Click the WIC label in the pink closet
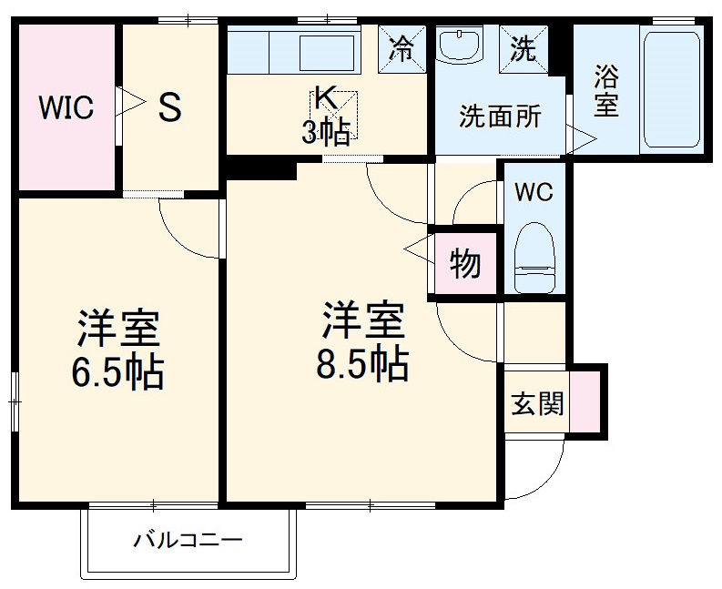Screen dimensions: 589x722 tap(66, 108)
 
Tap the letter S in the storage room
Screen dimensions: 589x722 tap(169, 108)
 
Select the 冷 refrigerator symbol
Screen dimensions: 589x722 tap(402, 48)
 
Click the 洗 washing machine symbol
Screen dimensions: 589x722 tap(524, 48)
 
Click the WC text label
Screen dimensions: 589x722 tap(533, 193)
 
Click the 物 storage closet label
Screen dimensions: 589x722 tap(465, 264)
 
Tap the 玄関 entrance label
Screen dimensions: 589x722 tap(536, 402)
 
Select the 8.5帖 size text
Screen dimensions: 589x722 tap(362, 364)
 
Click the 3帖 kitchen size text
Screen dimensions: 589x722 tap(326, 134)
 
